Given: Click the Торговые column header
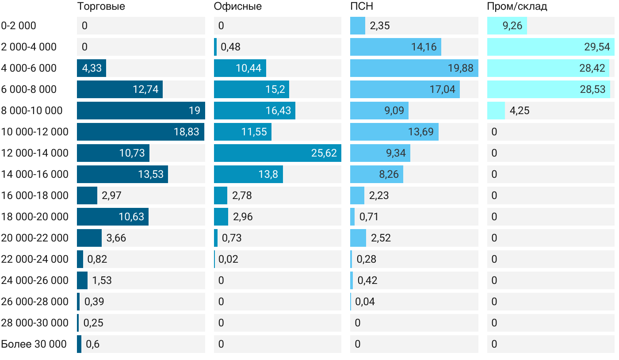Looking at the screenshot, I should [x=101, y=7].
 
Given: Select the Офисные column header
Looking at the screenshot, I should [x=237, y=7].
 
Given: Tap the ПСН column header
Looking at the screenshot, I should [x=361, y=7].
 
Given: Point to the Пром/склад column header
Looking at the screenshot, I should [x=517, y=7].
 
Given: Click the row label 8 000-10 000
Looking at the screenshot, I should [x=32, y=111].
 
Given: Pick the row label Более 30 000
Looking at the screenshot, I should [x=34, y=344].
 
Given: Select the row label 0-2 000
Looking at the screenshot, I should [x=19, y=26].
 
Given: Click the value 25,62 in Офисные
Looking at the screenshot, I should [x=324, y=153].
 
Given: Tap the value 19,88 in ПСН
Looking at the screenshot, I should [x=460, y=68].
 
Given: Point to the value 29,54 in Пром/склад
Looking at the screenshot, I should [x=597, y=47].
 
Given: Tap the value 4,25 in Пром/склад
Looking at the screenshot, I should [x=520, y=111].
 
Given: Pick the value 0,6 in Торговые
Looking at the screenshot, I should [x=92, y=344].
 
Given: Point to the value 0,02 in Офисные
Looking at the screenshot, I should [x=228, y=259].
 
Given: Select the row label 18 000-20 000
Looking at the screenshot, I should [x=34, y=217].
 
